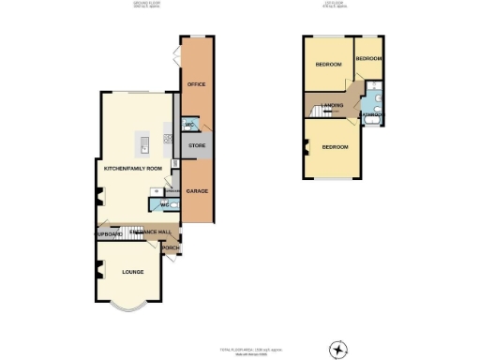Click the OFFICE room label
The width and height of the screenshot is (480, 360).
pyautogui.click(x=197, y=84)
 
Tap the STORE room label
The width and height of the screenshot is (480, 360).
pyautogui.click(x=197, y=145)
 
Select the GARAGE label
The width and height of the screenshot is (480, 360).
pyautogui.click(x=197, y=191)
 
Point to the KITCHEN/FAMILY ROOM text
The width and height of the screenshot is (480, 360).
pyautogui.click(x=134, y=169)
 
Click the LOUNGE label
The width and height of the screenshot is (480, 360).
pyautogui.click(x=132, y=272)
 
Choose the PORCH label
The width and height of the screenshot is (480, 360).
pyautogui.click(x=172, y=248)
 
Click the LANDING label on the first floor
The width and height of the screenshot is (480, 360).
pyautogui.click(x=331, y=105)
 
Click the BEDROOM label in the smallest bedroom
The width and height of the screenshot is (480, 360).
pyautogui.click(x=368, y=59)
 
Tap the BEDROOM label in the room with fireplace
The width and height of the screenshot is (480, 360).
pyautogui.click(x=335, y=147)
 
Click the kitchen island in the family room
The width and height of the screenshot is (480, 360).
pyautogui.click(x=144, y=142)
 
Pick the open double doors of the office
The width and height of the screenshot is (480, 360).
pyautogui.click(x=175, y=57)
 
